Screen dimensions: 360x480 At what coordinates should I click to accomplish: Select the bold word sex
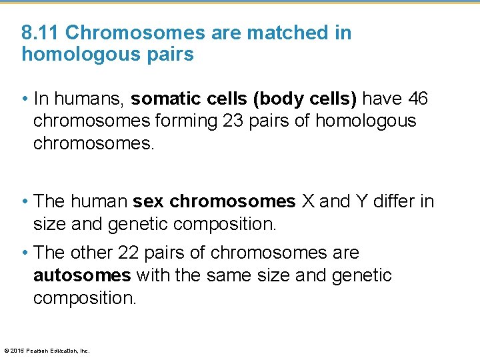(148, 201)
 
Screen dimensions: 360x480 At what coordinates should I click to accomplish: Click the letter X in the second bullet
(308, 201)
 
